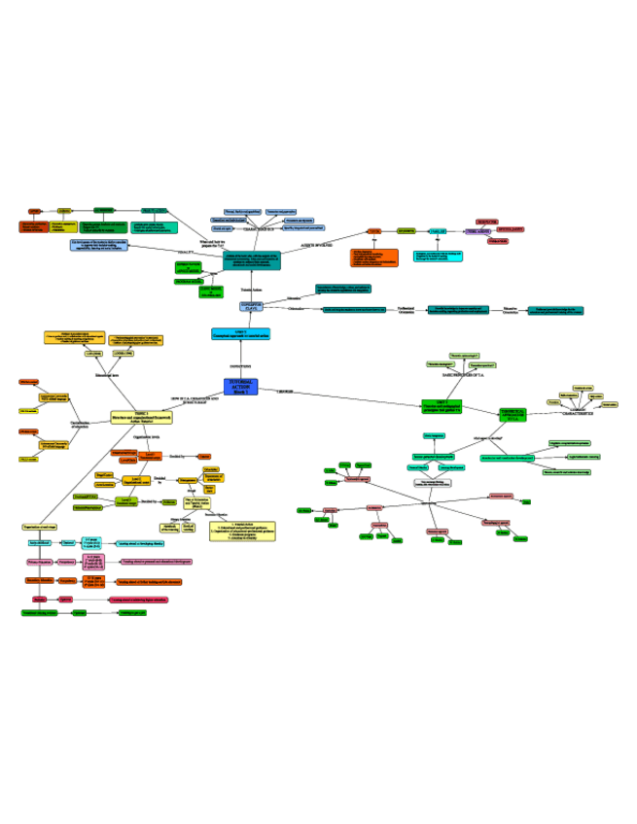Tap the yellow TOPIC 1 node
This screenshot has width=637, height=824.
(134, 417)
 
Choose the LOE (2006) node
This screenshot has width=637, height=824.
(93, 354)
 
